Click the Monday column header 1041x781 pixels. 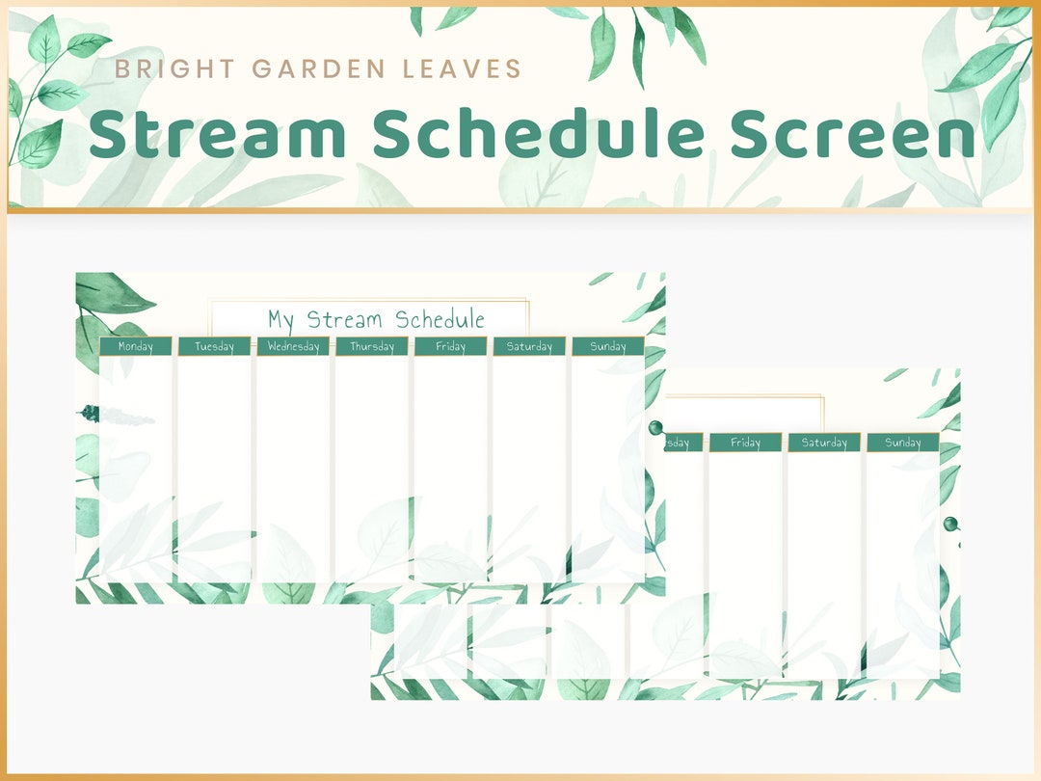pyautogui.click(x=136, y=346)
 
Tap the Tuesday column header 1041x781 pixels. pyautogui.click(x=214, y=346)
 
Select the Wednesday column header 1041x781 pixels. pyautogui.click(x=293, y=346)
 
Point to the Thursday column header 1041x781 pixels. pyautogui.click(x=372, y=346)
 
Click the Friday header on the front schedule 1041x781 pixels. pyautogui.click(x=450, y=346)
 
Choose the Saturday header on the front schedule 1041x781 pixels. pyautogui.click(x=529, y=346)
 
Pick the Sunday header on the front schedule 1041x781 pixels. pyautogui.click(x=608, y=346)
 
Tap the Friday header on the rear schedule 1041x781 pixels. pyautogui.click(x=745, y=443)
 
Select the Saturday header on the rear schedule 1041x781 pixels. pyautogui.click(x=824, y=443)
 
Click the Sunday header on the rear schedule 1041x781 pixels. pyautogui.click(x=903, y=443)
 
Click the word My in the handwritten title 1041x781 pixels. pyautogui.click(x=280, y=320)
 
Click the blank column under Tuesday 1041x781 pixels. pyautogui.click(x=214, y=468)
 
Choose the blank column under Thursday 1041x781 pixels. pyautogui.click(x=372, y=468)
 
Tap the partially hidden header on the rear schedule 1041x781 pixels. pyautogui.click(x=679, y=443)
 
